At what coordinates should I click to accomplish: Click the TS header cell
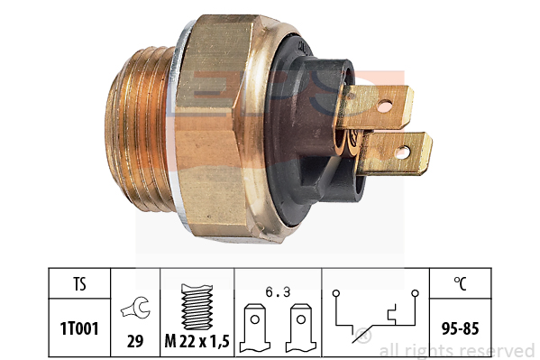79,284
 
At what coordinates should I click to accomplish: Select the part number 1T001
79,328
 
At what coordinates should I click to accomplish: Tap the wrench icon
135,308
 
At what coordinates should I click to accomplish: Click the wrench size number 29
135,341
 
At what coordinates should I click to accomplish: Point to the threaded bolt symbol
197,307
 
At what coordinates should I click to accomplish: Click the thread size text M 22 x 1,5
197,341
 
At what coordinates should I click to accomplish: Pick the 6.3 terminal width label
278,292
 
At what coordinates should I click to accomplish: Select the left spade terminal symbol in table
255,328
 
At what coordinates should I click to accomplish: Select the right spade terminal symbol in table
300,328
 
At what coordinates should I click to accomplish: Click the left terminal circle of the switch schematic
336,293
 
